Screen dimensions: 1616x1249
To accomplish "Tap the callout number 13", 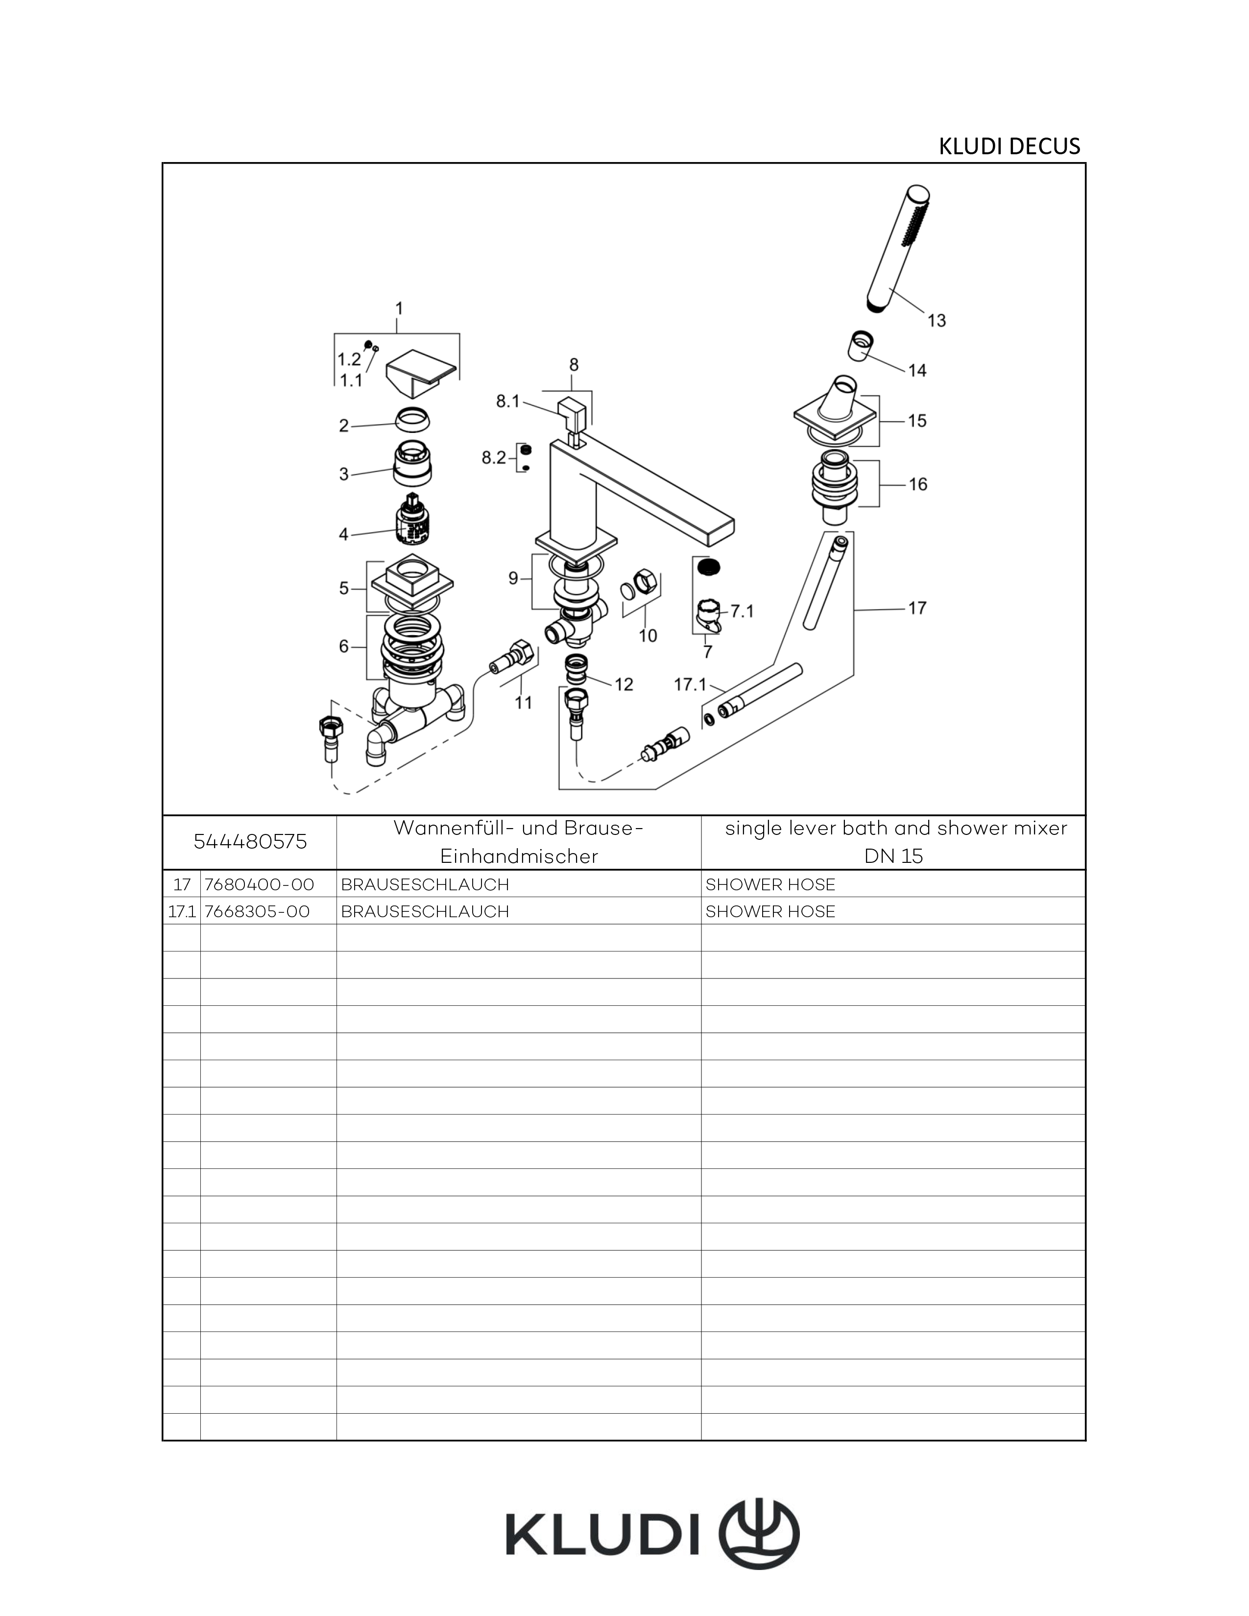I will click(x=936, y=320).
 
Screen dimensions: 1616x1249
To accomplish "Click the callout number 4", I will click(x=343, y=534).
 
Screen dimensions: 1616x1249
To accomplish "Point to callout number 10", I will click(x=648, y=636).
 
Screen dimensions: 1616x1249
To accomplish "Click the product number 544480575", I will click(x=250, y=842).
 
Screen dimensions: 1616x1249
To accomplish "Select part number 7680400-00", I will click(x=259, y=884).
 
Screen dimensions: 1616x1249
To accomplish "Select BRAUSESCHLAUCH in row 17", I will click(x=425, y=884).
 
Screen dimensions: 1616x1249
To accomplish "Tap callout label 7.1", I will click(x=742, y=611).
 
